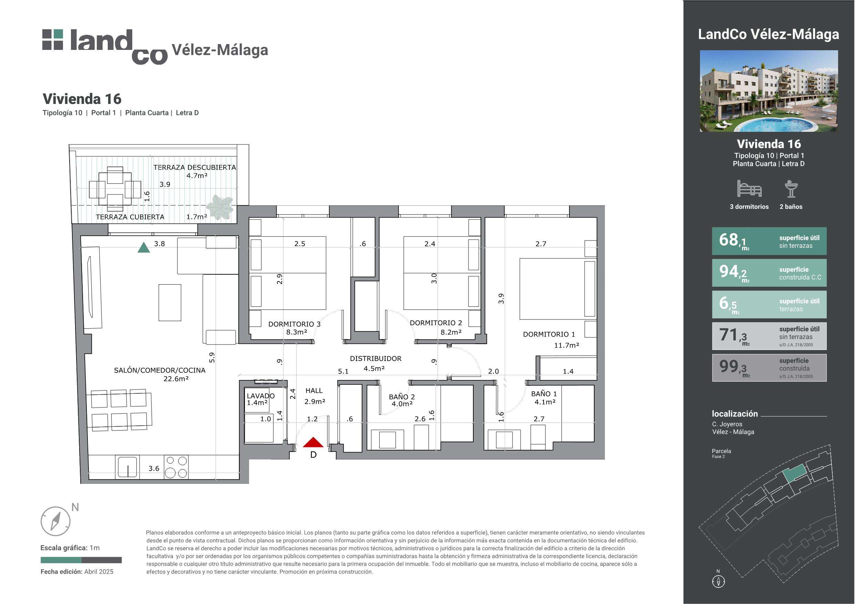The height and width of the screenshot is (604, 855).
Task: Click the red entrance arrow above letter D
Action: [x=313, y=443]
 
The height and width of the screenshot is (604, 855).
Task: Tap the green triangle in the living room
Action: [x=144, y=248]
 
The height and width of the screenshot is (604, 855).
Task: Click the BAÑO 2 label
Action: [x=402, y=397]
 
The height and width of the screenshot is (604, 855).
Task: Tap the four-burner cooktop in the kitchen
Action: [x=176, y=467]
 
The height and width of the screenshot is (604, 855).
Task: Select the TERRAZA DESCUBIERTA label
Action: [x=195, y=168]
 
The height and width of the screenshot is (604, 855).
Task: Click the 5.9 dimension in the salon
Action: [x=212, y=358]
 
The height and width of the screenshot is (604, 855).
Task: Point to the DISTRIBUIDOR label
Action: [x=375, y=359]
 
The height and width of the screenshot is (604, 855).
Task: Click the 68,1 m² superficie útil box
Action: [x=769, y=241]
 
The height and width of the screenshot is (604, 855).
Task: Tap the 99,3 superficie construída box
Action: [x=769, y=368]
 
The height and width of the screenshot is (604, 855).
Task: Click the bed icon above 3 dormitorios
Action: [x=749, y=189]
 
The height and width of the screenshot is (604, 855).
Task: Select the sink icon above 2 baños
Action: [x=791, y=189]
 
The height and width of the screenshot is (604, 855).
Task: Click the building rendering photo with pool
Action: [x=769, y=91]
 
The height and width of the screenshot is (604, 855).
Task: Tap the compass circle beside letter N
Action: [x=55, y=521]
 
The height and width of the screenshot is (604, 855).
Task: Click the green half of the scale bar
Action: [x=61, y=560]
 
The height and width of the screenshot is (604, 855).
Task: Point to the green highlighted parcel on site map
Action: [x=794, y=474]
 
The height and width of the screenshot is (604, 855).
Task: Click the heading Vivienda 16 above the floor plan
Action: [x=82, y=99]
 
